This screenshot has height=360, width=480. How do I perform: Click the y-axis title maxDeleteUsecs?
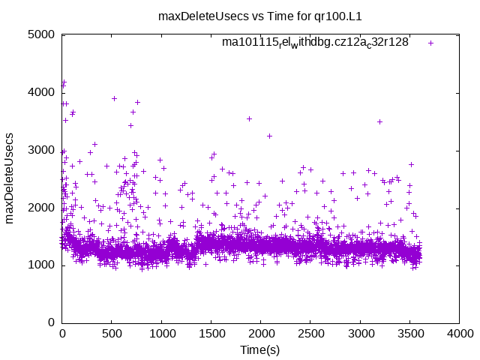(10, 178)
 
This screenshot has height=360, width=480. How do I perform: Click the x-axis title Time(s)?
(260, 349)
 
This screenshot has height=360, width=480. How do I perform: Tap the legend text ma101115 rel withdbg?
(315, 43)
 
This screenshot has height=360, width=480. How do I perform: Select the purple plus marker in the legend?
(430, 43)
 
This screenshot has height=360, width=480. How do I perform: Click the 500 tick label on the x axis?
(112, 334)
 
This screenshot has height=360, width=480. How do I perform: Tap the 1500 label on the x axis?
(211, 334)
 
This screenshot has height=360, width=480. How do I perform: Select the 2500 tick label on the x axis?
(310, 334)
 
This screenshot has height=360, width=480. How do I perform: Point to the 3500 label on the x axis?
(409, 334)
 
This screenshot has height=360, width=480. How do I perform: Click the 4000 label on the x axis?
(459, 334)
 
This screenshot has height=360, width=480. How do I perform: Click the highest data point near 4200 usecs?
(64, 81)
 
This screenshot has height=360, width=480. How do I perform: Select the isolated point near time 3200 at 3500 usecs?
(379, 121)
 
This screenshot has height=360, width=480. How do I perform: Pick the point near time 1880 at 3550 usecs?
(249, 118)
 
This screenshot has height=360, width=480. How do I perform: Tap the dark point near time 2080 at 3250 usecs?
(269, 136)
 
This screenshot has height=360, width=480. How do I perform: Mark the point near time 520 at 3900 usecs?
(114, 98)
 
